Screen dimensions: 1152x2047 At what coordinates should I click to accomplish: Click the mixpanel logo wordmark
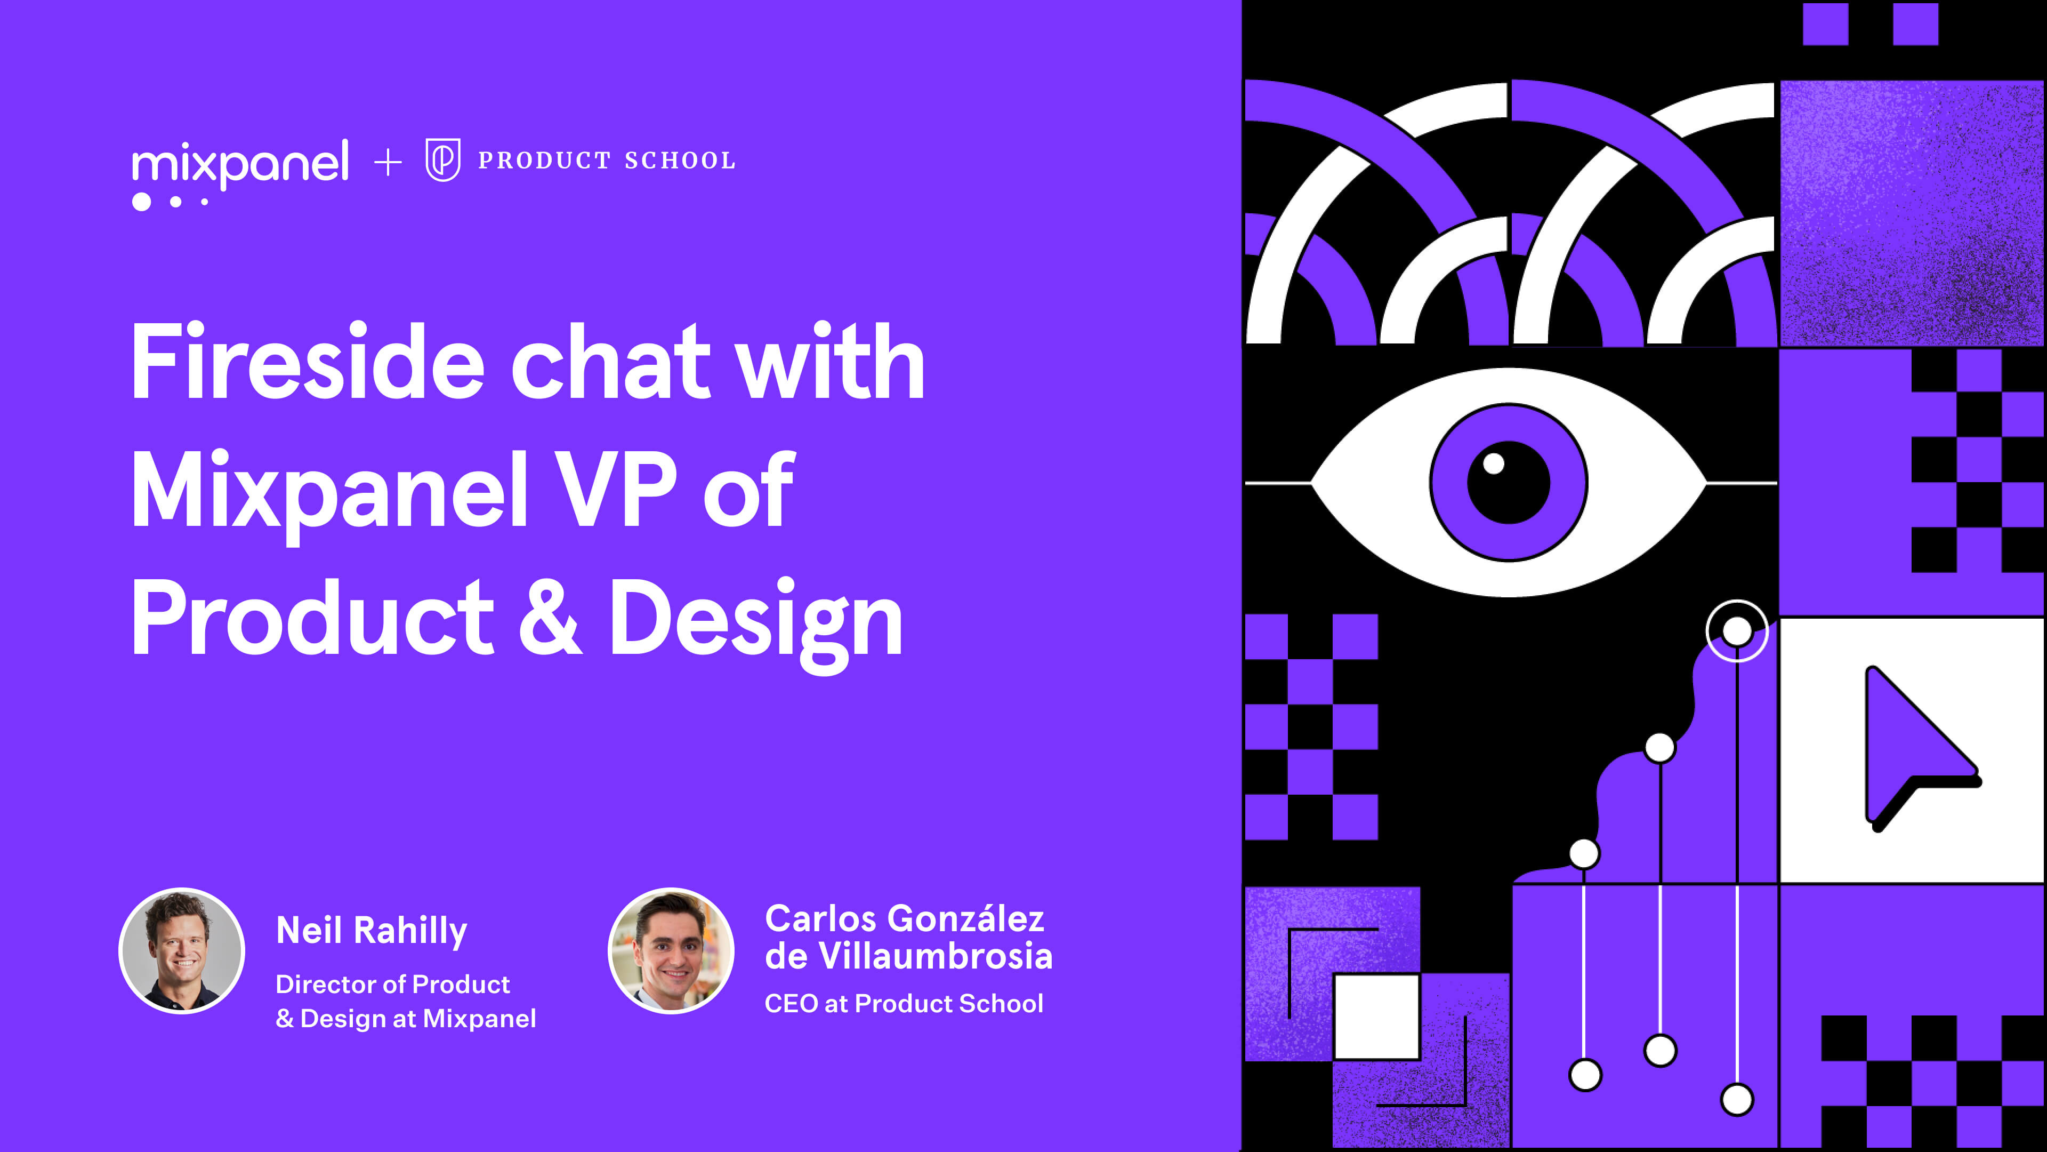tap(240, 163)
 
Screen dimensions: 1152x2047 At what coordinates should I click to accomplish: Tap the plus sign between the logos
tap(388, 163)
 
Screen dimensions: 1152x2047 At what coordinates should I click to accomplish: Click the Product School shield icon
tap(442, 160)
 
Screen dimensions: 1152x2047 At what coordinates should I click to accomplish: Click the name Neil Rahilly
tap(371, 930)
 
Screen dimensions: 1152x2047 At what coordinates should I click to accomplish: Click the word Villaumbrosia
tap(936, 956)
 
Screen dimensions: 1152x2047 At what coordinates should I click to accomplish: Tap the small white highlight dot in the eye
tap(1494, 463)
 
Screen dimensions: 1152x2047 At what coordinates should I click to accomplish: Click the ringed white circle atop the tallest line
tap(1737, 631)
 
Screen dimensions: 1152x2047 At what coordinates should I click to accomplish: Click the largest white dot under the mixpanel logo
tap(141, 202)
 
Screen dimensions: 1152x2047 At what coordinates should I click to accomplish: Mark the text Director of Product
tap(392, 984)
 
